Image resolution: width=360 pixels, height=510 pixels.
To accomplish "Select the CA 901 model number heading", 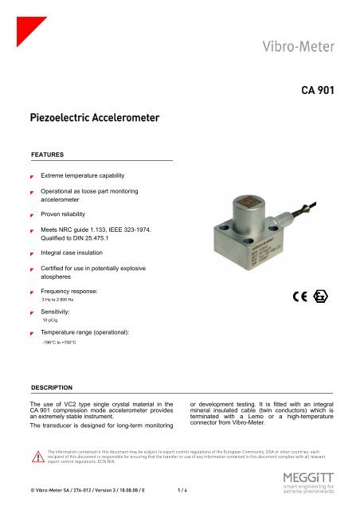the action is click(x=322, y=90).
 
